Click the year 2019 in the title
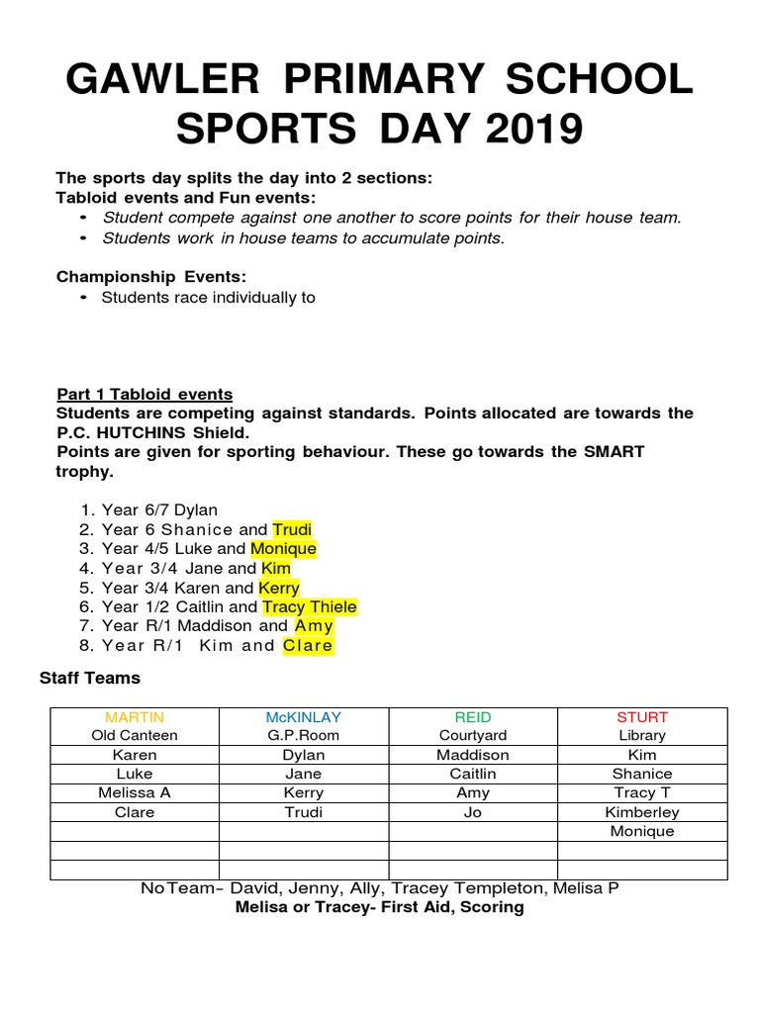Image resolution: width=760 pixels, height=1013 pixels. coord(527,129)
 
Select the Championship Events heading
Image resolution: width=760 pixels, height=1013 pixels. coord(151,276)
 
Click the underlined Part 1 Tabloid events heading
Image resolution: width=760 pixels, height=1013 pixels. coord(144,394)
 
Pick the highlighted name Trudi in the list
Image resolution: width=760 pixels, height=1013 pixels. coord(292,529)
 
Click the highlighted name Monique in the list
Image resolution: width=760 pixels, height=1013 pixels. coord(283,548)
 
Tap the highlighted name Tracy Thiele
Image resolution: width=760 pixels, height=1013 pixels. coord(309,606)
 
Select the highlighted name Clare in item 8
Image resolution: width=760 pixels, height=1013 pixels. coord(308,645)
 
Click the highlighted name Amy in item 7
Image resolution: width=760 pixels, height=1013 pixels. coord(314,626)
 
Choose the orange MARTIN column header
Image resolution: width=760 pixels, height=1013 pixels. coord(135,717)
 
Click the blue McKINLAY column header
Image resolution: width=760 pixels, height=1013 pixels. coord(304,717)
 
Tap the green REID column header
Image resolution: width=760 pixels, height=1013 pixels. coord(473,717)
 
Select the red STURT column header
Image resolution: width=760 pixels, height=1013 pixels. coord(642,717)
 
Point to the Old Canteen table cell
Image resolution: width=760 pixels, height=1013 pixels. coord(135,735)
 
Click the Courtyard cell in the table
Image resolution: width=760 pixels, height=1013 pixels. coord(473,735)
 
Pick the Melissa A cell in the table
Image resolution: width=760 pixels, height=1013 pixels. coord(135,792)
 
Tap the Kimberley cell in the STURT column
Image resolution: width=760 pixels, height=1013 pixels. coord(642,812)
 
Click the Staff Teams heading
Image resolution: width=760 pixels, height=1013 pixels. coord(90,678)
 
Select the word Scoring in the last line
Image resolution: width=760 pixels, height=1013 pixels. coord(489,906)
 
